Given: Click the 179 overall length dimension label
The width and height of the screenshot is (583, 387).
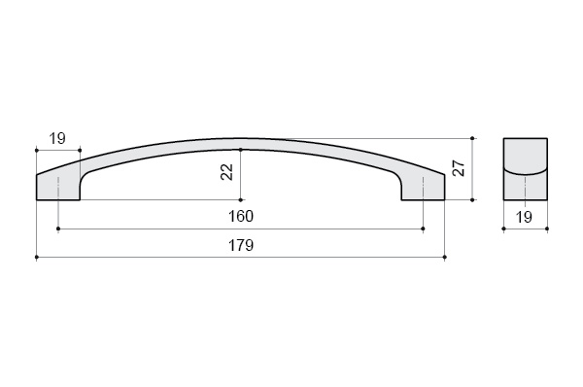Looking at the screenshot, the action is [241, 245].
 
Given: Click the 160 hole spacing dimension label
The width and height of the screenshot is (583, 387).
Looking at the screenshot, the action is [241, 216].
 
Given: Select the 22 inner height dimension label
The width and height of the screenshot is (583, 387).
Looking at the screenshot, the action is [226, 172].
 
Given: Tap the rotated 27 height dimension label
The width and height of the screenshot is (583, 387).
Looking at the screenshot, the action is [459, 168].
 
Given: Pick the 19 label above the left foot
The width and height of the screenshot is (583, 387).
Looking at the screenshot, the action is [57, 138].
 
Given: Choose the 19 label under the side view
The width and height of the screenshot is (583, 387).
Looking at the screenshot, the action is [525, 217].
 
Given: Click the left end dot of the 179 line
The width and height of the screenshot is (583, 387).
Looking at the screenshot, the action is [37, 257].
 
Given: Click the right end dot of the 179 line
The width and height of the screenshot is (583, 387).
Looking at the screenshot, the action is [445, 257].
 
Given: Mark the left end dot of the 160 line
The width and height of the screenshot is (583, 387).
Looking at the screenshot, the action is [58, 229].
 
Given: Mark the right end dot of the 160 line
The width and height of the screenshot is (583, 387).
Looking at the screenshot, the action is [424, 229].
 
